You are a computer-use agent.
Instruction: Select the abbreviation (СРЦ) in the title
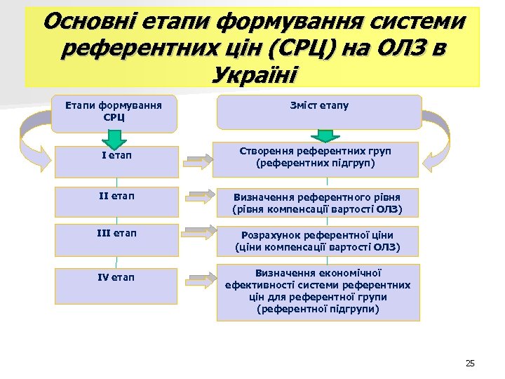[307, 48]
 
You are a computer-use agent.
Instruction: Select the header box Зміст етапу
[319, 111]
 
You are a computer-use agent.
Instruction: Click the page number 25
[469, 363]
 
